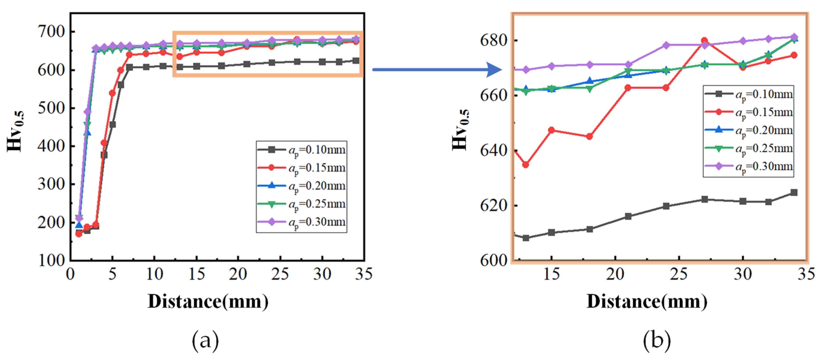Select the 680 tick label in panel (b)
click(x=494, y=41)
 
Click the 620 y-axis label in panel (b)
click(x=494, y=206)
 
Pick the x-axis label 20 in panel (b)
click(x=615, y=274)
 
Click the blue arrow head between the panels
click(x=494, y=70)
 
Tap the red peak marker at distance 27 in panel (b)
click(x=704, y=41)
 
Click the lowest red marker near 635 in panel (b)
click(x=526, y=164)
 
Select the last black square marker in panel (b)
click(x=794, y=192)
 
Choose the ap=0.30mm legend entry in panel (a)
click(x=301, y=222)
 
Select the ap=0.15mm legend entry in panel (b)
click(x=748, y=112)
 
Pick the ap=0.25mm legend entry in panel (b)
click(x=748, y=149)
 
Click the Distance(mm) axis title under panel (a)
click(x=208, y=301)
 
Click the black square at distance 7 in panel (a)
click(x=129, y=67)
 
